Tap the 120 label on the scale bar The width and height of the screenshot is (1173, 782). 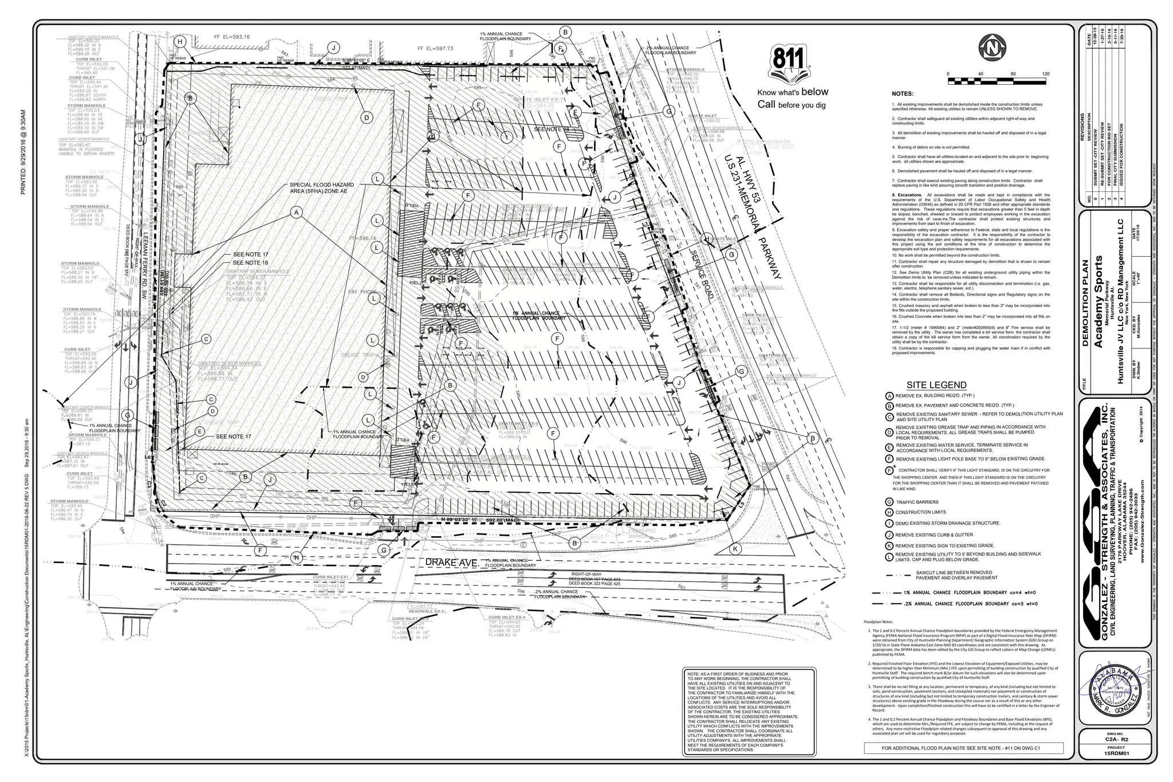(1045, 74)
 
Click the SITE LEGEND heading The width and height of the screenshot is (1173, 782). (936, 385)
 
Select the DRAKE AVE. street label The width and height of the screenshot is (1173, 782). (451, 563)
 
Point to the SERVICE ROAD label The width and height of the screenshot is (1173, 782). (702, 274)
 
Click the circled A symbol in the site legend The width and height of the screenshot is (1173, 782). (889, 396)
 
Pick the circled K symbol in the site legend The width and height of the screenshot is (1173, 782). (889, 545)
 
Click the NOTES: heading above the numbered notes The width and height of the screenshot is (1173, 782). (903, 94)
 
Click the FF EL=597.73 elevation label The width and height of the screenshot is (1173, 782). (435, 49)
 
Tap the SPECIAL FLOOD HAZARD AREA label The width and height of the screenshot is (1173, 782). (322, 188)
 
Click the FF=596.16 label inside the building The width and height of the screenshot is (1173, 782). (363, 238)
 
